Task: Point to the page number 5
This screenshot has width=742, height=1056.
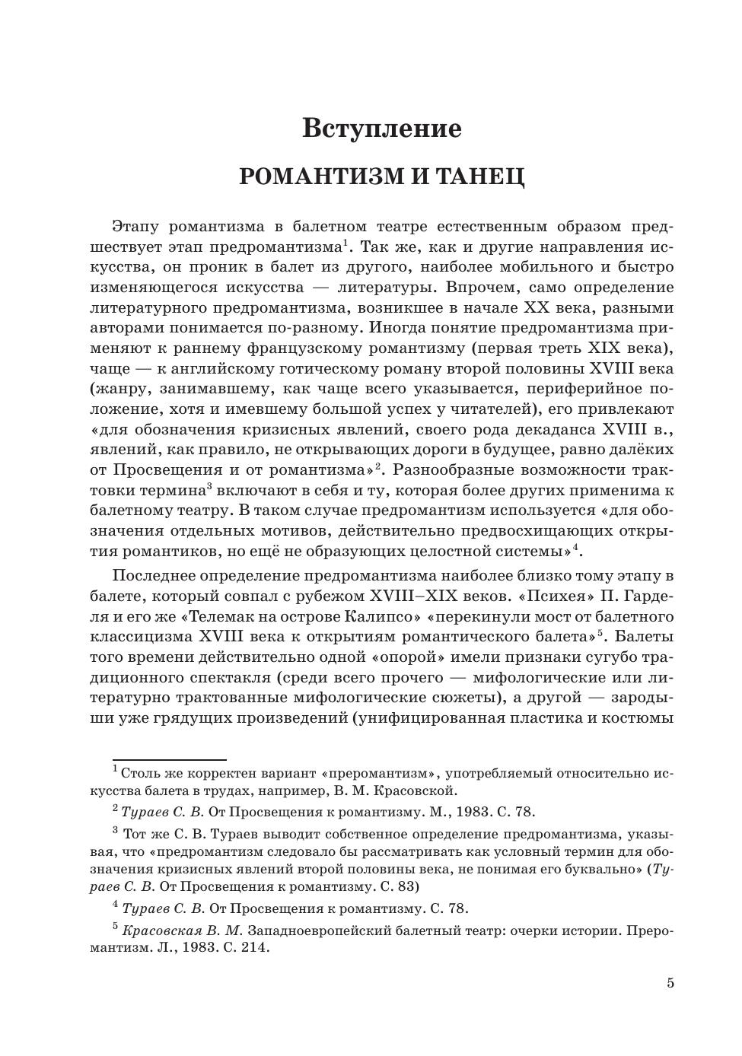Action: (x=670, y=983)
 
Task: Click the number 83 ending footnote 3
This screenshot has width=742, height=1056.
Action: (x=407, y=886)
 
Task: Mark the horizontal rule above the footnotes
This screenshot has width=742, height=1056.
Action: (x=170, y=759)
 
